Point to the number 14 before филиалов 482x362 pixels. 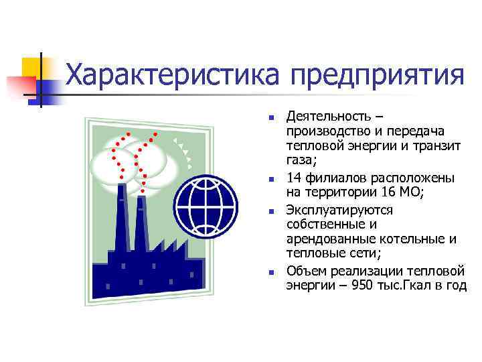tap(293, 179)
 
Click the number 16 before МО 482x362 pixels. tap(382, 194)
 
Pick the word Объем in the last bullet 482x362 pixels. tap(305, 271)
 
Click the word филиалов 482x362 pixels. tap(329, 179)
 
